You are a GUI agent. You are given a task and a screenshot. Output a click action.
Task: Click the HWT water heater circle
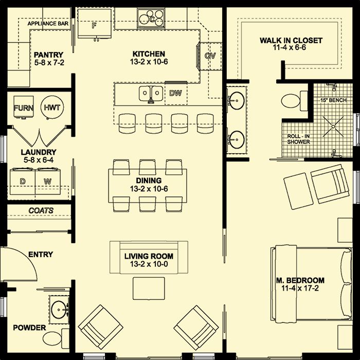[52, 107]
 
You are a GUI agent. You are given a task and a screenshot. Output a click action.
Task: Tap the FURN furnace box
[24, 107]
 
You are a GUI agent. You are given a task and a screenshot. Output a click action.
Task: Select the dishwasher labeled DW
[176, 93]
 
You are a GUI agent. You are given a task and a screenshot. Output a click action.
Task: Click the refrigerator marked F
[94, 24]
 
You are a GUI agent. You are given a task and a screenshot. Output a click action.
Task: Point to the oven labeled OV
[210, 56]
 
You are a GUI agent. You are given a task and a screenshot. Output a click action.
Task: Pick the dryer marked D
[23, 181]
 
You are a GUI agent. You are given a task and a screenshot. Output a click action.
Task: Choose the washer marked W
[48, 181]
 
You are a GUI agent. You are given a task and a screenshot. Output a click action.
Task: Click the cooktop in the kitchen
[151, 19]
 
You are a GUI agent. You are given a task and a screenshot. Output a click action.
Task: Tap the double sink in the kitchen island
[151, 93]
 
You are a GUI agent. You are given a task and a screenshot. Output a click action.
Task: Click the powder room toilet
[55, 338]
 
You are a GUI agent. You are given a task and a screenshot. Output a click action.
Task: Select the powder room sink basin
[59, 310]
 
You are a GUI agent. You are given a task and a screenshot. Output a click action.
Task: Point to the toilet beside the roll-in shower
[294, 101]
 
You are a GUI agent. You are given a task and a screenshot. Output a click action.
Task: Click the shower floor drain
[333, 127]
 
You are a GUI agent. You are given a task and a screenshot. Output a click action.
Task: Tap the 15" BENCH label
[333, 100]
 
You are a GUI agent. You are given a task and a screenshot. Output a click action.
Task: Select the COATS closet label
[41, 210]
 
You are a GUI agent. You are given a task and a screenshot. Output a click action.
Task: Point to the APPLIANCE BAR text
[48, 24]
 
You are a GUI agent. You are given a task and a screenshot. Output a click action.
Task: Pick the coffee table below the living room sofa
[149, 289]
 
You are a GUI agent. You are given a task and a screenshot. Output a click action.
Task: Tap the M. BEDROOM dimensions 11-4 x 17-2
[300, 288]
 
